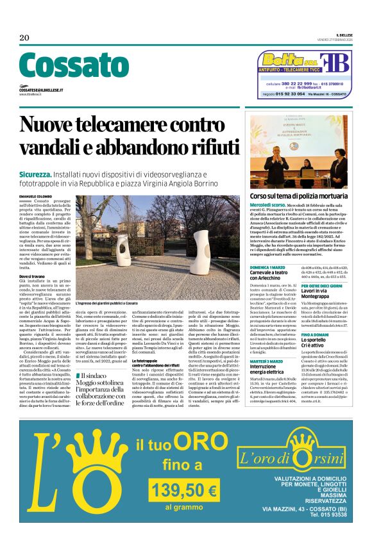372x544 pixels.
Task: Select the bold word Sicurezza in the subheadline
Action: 35,174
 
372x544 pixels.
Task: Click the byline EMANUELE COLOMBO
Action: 36,195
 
